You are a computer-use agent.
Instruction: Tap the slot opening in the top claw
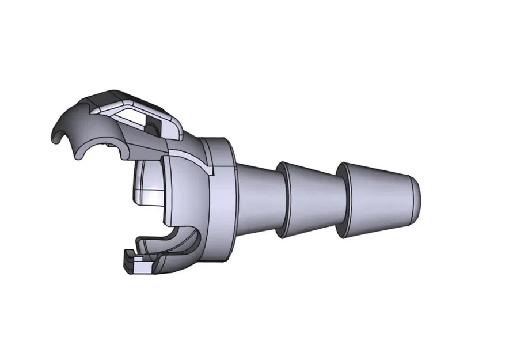136,118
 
